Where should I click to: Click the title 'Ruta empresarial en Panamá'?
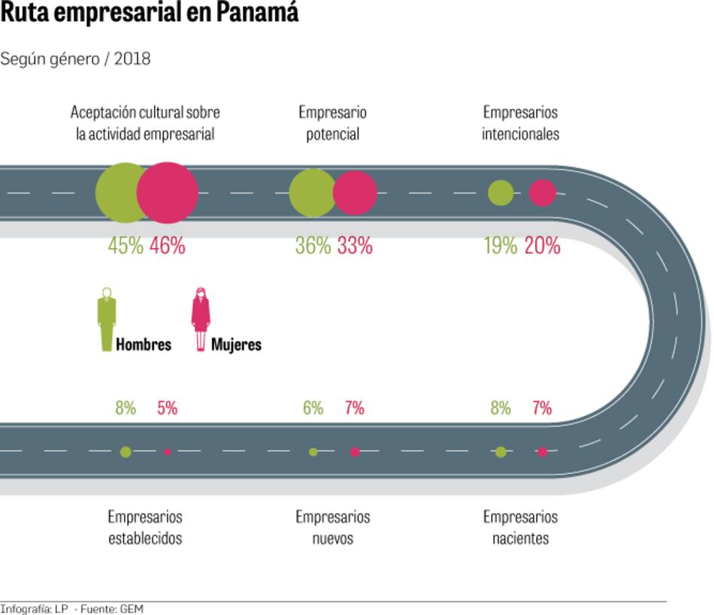coord(149,14)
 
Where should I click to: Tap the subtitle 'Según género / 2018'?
coord(75,59)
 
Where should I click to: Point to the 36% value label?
coord(313,246)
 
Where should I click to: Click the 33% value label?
coord(355,246)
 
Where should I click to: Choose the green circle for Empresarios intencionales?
coord(501,193)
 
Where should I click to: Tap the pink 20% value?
coord(542,246)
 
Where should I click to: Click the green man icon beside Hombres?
coord(107,319)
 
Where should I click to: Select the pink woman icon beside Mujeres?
coord(201,319)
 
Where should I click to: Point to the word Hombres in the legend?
coord(144,345)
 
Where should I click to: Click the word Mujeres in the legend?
coord(236,345)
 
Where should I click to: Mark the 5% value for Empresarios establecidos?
coord(167,408)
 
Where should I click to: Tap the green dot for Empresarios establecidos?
coord(126,451)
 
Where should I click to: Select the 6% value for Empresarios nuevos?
coord(313,408)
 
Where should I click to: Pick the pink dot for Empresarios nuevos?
coord(355,452)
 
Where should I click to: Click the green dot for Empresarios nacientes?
coord(501,452)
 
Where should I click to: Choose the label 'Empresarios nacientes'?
coord(520,528)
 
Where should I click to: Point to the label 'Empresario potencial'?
coord(332,123)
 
